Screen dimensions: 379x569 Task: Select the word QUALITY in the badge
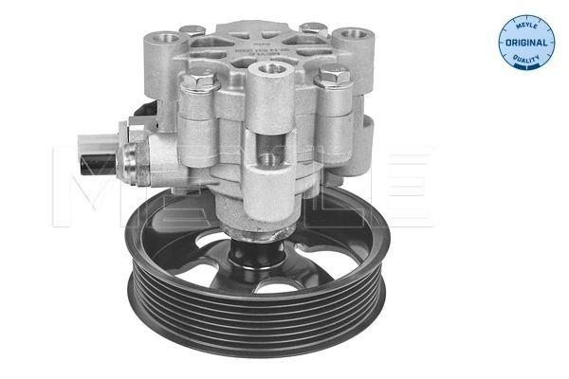coord(525,57)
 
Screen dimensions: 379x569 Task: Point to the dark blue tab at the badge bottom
coord(525,67)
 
